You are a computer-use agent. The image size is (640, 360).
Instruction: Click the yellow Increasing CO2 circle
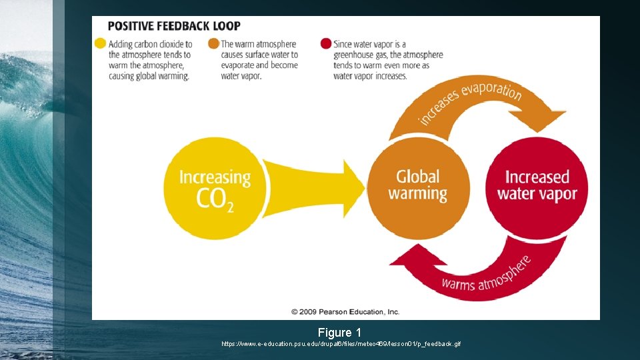215,187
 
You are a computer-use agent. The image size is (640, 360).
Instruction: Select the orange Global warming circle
418,186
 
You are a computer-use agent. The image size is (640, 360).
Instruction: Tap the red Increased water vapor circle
537,186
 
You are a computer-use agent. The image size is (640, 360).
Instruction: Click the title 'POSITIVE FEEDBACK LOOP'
174,27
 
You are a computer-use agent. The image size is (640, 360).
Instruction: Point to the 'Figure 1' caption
339,332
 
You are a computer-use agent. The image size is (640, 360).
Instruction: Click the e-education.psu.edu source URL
341,344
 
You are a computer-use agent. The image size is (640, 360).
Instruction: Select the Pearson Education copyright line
345,311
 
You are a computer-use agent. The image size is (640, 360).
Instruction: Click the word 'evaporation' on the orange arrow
491,93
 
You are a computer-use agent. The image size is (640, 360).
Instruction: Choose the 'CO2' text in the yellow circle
215,200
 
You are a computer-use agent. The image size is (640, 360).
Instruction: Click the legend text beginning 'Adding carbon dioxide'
150,60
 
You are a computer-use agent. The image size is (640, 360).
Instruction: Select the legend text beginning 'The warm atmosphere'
260,60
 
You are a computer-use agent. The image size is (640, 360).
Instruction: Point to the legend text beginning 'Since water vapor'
387,60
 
